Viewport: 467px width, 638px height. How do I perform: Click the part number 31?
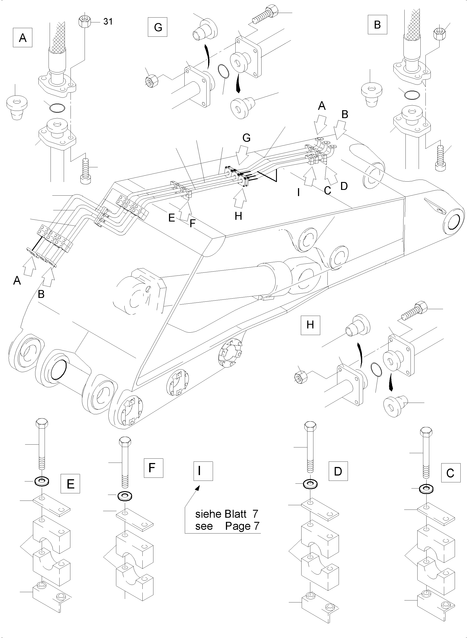tap(108, 22)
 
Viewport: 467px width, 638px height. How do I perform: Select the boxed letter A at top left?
tap(23, 38)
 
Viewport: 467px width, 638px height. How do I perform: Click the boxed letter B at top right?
tap(377, 25)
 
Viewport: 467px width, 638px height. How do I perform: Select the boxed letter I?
tap(203, 471)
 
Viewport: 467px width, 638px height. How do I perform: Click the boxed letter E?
tap(70, 484)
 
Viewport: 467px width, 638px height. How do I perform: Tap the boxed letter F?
tap(153, 468)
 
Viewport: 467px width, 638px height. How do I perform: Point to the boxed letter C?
tap(450, 472)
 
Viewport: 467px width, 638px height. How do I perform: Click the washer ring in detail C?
tap(425, 488)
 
